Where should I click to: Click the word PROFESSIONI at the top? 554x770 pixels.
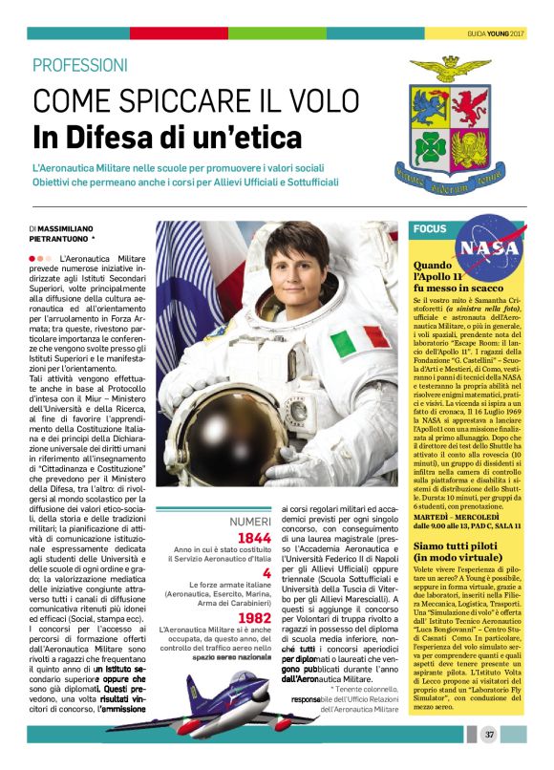(79, 66)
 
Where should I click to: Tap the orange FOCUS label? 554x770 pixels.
(429, 228)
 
